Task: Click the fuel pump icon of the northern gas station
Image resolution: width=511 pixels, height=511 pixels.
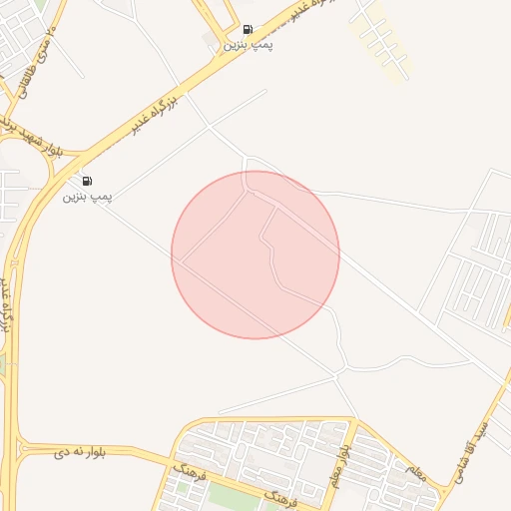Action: click(x=248, y=30)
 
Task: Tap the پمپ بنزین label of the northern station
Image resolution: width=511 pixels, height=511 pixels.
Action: click(x=248, y=46)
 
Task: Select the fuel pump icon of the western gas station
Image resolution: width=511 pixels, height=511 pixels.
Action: click(x=88, y=181)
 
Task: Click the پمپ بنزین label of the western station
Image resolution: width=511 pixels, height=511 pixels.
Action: click(x=88, y=197)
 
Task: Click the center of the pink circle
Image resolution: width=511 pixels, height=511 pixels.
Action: click(x=255, y=255)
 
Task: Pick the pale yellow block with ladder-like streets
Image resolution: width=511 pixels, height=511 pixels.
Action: click(x=378, y=40)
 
